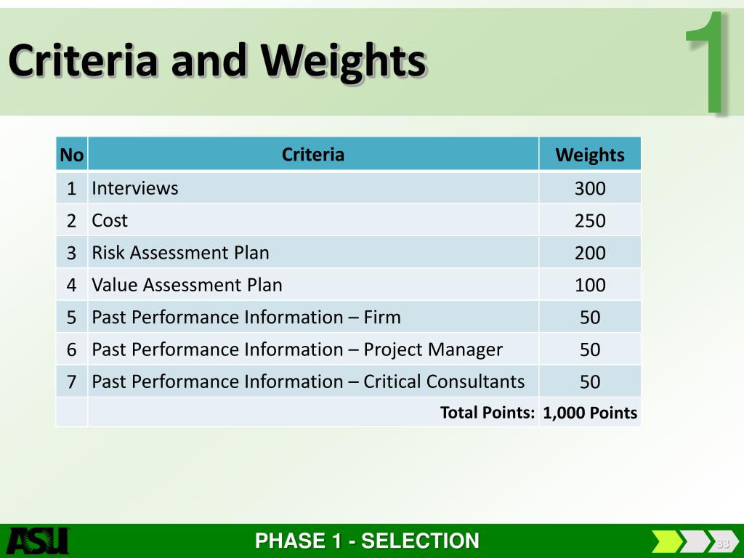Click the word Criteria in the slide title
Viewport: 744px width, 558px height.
[x=83, y=60]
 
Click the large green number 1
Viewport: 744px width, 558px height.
[x=708, y=62]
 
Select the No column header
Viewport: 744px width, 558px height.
[x=72, y=155]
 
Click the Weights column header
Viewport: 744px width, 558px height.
[x=590, y=155]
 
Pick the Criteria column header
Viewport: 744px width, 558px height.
[x=313, y=154]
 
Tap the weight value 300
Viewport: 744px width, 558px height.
[x=590, y=188]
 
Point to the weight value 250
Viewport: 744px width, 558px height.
[x=590, y=221]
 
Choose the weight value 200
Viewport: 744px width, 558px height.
[x=590, y=253]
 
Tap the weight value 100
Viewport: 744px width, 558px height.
[x=590, y=285]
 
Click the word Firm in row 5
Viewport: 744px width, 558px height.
[x=382, y=317]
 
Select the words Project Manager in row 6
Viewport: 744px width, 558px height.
[x=433, y=349]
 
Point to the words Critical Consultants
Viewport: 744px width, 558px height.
[x=444, y=381]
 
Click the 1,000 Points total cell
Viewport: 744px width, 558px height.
[x=590, y=413]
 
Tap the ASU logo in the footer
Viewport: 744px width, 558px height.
[x=38, y=541]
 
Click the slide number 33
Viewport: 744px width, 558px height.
[x=723, y=543]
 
